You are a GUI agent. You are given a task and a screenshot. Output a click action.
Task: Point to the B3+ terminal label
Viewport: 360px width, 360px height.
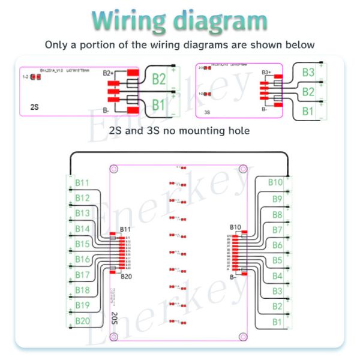pos(267,73)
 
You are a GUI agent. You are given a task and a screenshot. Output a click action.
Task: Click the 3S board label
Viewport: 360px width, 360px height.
pos(208,112)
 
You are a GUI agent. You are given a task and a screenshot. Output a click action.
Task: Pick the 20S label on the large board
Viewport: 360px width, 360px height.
pos(114,318)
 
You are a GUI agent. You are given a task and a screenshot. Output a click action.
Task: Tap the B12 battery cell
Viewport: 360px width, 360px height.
pos(82,198)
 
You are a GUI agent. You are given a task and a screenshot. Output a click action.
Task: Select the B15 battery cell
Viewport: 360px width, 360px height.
pos(82,244)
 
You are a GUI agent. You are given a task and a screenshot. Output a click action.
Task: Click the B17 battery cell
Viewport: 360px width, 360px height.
pos(82,275)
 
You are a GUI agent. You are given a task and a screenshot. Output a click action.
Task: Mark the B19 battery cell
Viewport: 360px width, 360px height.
pos(82,306)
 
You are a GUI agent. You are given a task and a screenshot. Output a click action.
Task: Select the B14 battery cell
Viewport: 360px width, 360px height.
pos(82,229)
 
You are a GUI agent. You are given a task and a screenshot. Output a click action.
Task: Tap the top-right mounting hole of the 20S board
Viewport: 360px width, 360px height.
pos(243,170)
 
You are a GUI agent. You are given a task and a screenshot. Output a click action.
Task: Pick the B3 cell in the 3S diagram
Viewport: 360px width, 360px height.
pos(308,73)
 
